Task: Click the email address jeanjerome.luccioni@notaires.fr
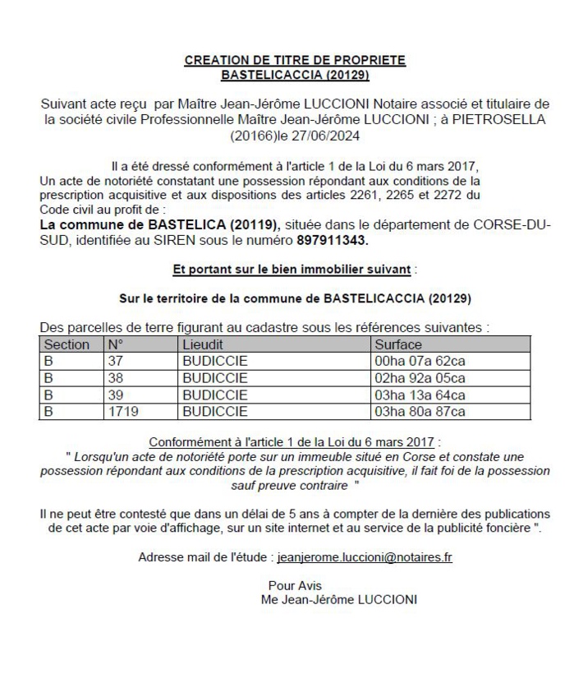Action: click(x=365, y=556)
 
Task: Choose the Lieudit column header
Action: click(x=203, y=345)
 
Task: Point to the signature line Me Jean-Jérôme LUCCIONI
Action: click(x=338, y=600)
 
